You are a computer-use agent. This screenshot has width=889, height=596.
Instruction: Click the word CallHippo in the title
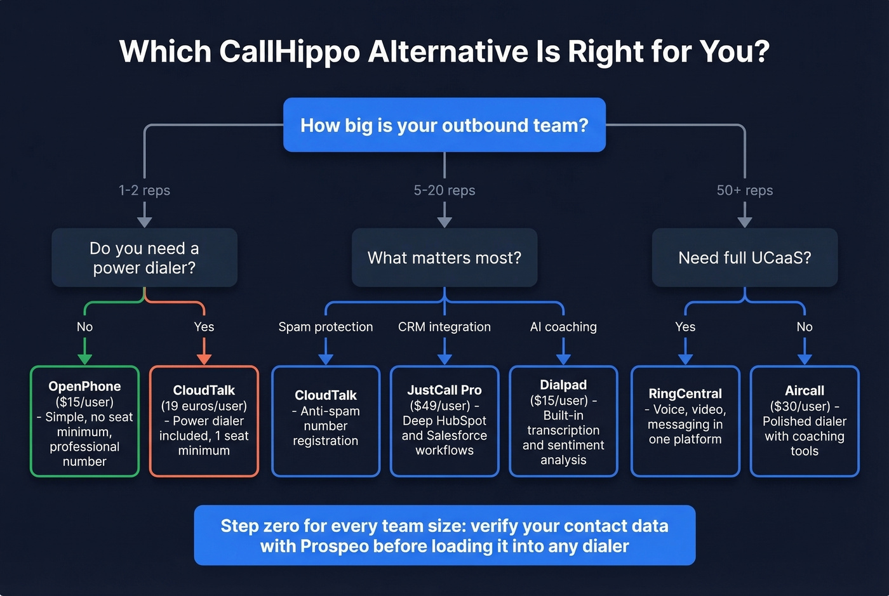[290, 51]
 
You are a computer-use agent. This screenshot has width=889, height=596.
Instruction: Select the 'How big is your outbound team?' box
[444, 125]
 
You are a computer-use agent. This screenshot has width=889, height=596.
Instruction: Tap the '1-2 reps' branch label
[144, 190]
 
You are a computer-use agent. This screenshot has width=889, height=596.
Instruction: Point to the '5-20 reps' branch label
[444, 190]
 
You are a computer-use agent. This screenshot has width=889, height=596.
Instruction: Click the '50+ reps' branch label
[744, 190]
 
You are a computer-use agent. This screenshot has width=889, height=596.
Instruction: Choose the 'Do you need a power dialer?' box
[144, 258]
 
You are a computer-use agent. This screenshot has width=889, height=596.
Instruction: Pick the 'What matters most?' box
[444, 258]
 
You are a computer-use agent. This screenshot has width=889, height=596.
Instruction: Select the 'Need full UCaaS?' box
[744, 258]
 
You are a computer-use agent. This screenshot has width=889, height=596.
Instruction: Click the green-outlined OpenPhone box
[84, 421]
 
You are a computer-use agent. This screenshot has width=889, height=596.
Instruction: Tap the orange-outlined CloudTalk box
[204, 421]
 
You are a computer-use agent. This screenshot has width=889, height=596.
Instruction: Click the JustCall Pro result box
[444, 421]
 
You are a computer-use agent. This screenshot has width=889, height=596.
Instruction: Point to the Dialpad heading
[563, 385]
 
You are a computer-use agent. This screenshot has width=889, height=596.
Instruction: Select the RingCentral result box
[685, 421]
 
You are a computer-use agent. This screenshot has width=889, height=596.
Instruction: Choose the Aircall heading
[804, 391]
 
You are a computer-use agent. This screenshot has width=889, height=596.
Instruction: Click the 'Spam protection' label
[325, 327]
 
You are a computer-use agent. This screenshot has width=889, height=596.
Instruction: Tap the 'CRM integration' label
[444, 327]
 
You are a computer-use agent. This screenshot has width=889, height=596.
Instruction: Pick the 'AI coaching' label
[563, 327]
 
